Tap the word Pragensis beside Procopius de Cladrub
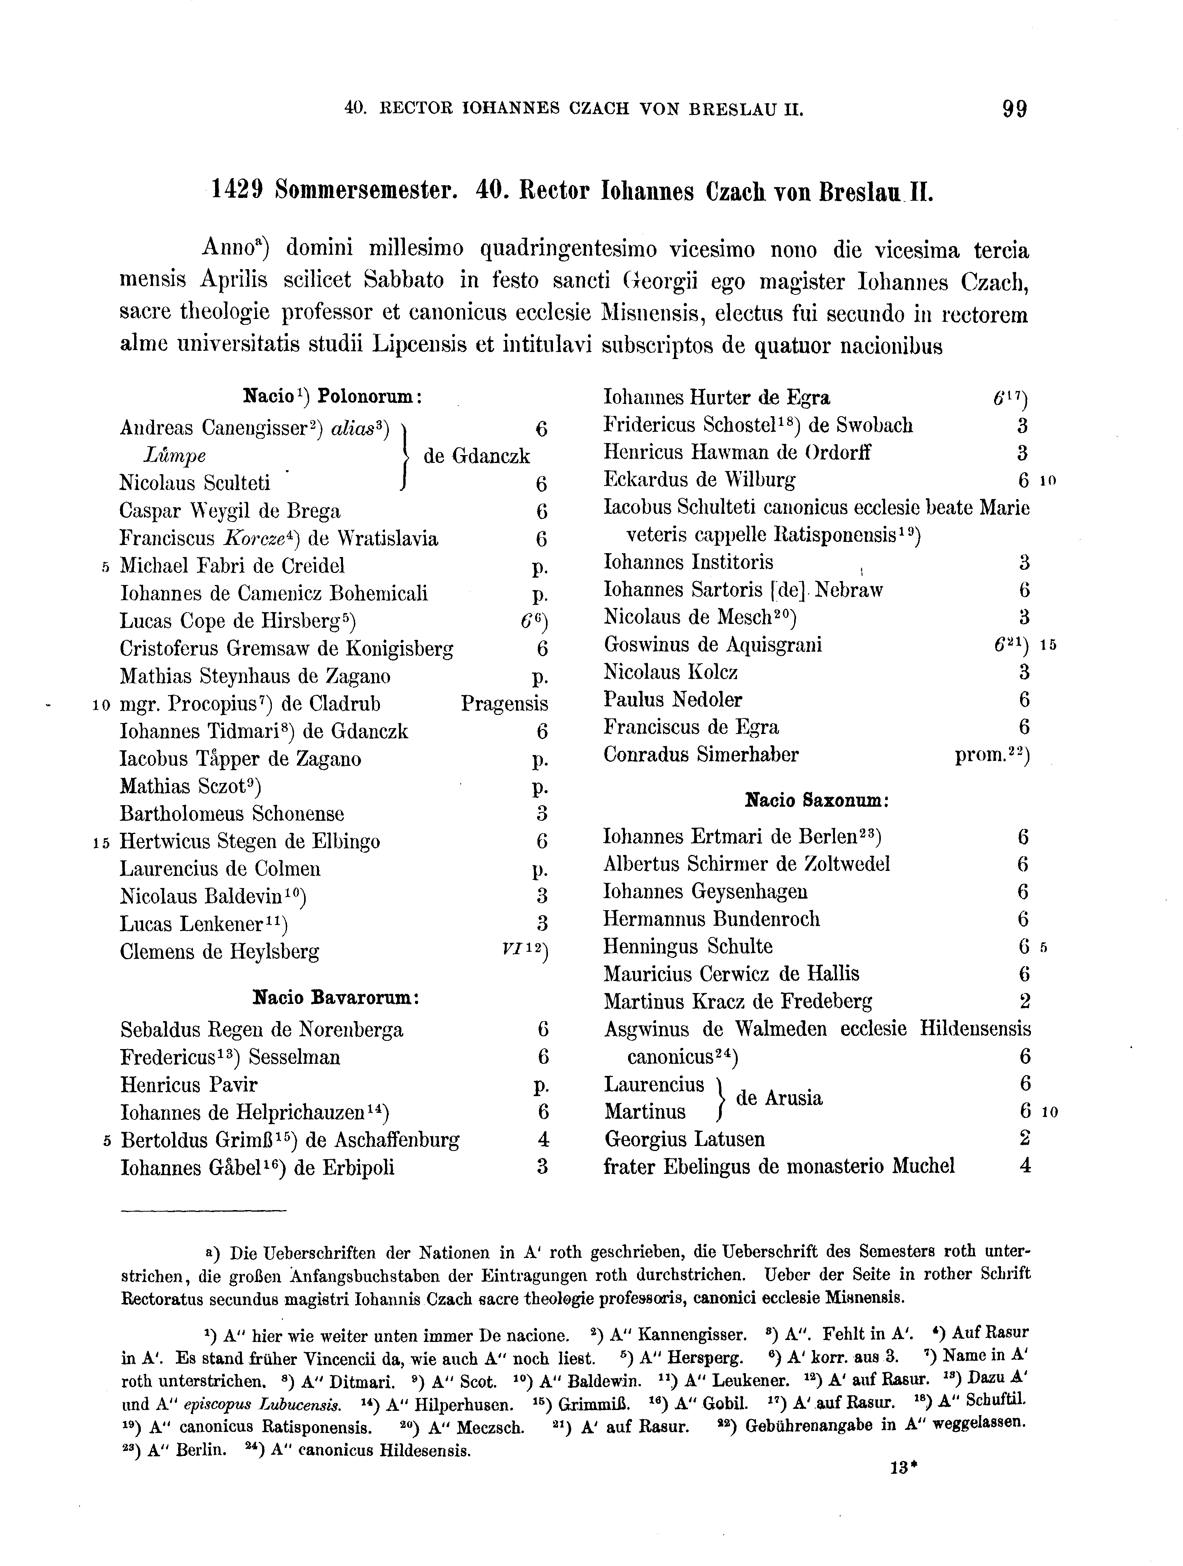(x=504, y=704)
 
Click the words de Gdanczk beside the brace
(x=476, y=456)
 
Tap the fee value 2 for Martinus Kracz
(x=1024, y=1002)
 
